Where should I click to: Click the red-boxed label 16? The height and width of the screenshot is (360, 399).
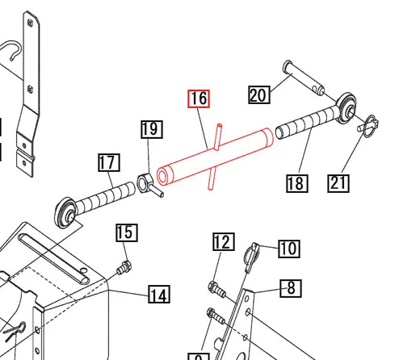click(199, 98)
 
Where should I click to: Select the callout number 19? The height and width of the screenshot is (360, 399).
click(151, 130)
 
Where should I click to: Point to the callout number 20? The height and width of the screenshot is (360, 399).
click(258, 95)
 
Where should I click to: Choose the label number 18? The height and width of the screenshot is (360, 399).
click(296, 183)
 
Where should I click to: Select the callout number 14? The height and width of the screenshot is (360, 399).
click(159, 295)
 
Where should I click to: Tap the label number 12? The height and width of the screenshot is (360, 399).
click(223, 242)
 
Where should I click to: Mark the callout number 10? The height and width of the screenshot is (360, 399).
click(289, 248)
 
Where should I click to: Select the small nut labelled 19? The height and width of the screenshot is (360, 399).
click(146, 181)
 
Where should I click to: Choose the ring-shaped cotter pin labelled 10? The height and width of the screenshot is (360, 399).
click(252, 254)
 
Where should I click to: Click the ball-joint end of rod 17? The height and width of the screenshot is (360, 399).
click(66, 211)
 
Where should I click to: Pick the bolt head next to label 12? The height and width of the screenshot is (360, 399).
click(215, 286)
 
